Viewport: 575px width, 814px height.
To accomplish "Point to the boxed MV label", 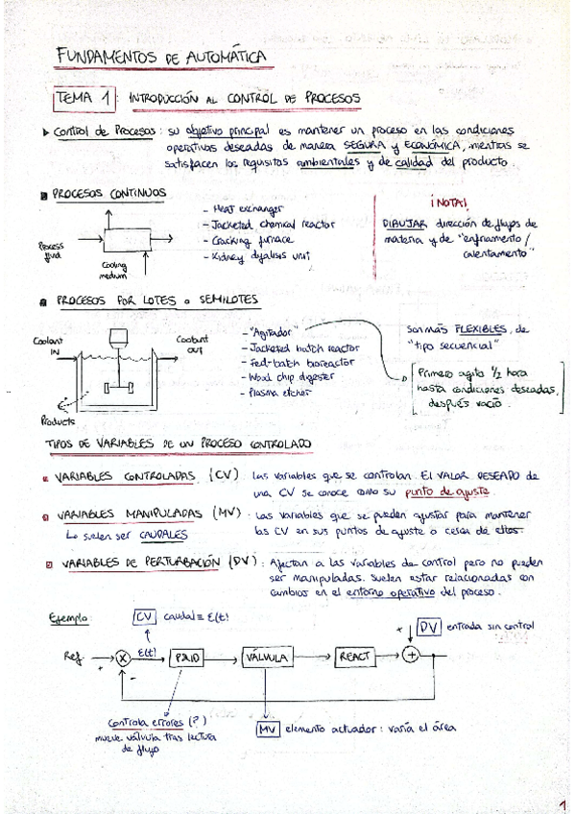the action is [268, 730].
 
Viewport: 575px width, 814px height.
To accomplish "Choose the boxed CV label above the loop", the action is [145, 615].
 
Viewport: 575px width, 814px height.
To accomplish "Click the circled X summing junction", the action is [123, 658].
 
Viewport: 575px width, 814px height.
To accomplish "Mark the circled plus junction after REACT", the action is [411, 656].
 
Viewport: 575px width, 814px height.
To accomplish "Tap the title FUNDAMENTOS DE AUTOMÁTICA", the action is [160, 59].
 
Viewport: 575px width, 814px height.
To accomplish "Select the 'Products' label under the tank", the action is [58, 420].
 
